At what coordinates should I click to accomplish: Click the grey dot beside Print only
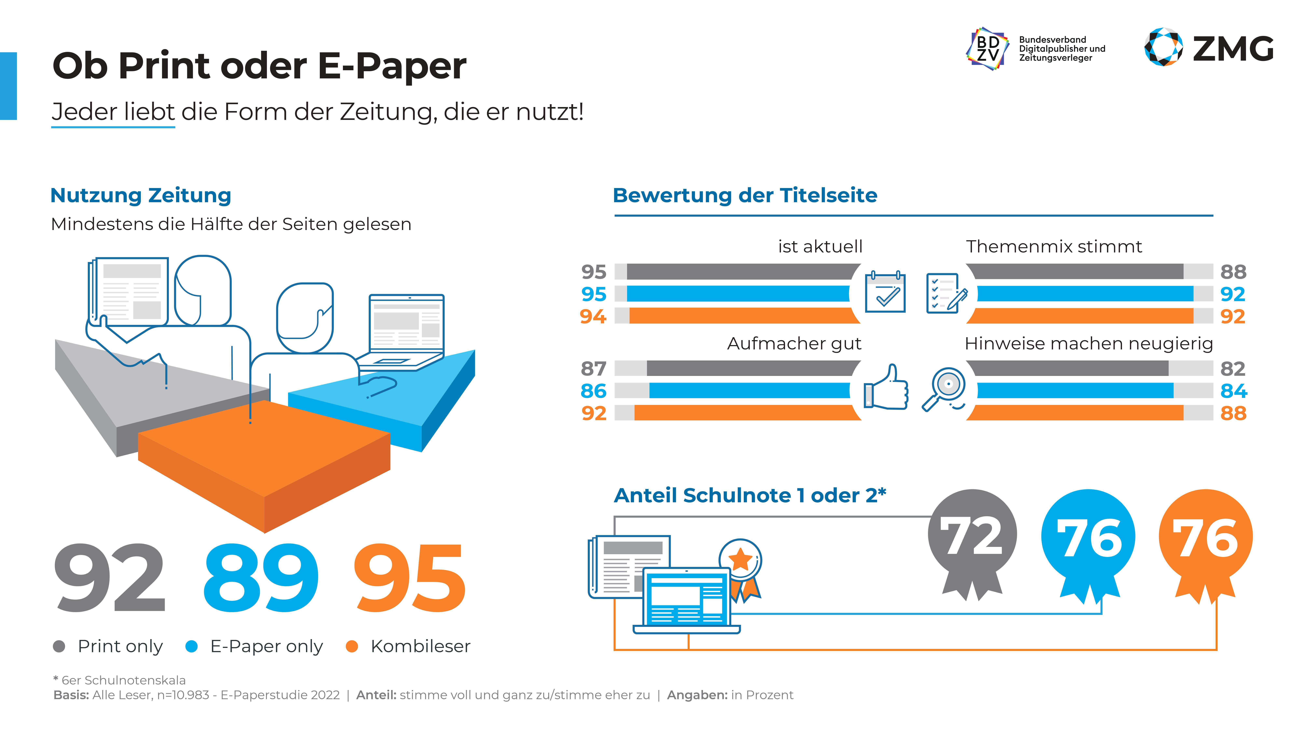point(59,646)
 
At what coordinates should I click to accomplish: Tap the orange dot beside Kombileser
point(352,646)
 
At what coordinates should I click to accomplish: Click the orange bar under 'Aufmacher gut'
point(743,413)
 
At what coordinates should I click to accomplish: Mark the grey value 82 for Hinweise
point(1233,369)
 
